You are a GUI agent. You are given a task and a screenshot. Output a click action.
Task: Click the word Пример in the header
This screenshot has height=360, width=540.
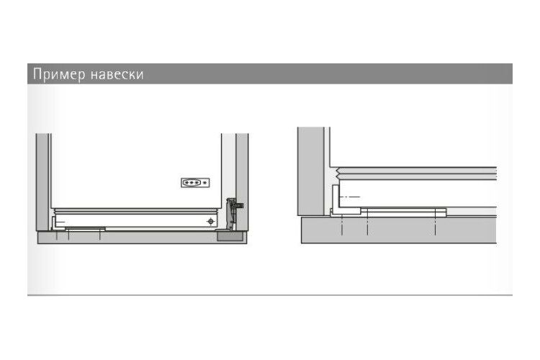pos(59,74)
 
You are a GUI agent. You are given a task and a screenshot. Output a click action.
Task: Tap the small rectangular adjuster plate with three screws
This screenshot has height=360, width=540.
pos(195,183)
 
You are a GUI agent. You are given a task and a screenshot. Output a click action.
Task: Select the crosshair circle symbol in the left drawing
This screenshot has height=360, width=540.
pos(211,221)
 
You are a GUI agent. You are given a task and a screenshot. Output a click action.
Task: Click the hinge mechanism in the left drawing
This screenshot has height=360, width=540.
pos(231,214)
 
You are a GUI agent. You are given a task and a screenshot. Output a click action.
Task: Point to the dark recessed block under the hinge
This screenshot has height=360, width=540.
pos(230,236)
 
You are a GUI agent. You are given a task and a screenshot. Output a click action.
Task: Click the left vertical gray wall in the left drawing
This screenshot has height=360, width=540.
pos(42,182)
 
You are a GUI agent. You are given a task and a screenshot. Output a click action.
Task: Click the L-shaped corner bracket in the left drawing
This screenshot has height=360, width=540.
pos(55,223)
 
